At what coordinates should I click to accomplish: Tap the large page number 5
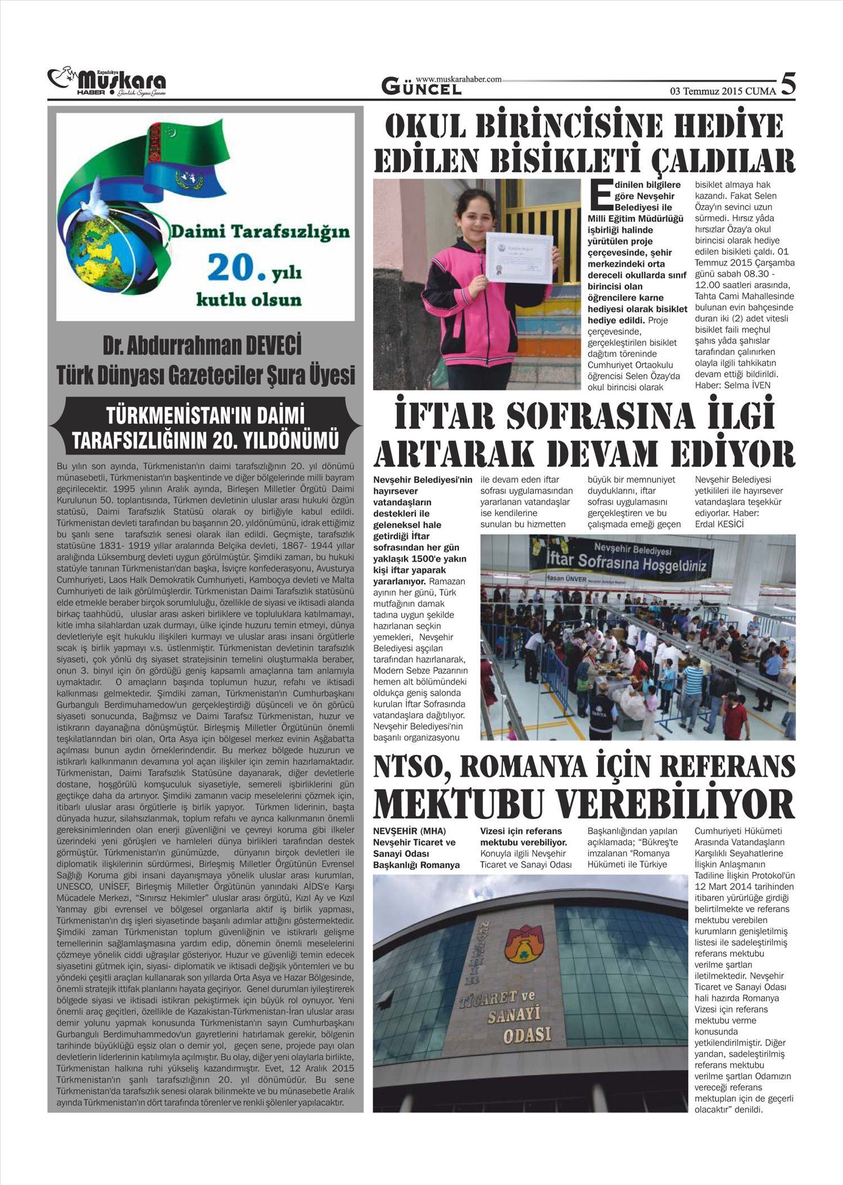[x=788, y=84]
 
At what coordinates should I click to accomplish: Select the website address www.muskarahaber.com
[x=459, y=80]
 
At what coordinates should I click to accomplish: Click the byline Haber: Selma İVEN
[x=733, y=385]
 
